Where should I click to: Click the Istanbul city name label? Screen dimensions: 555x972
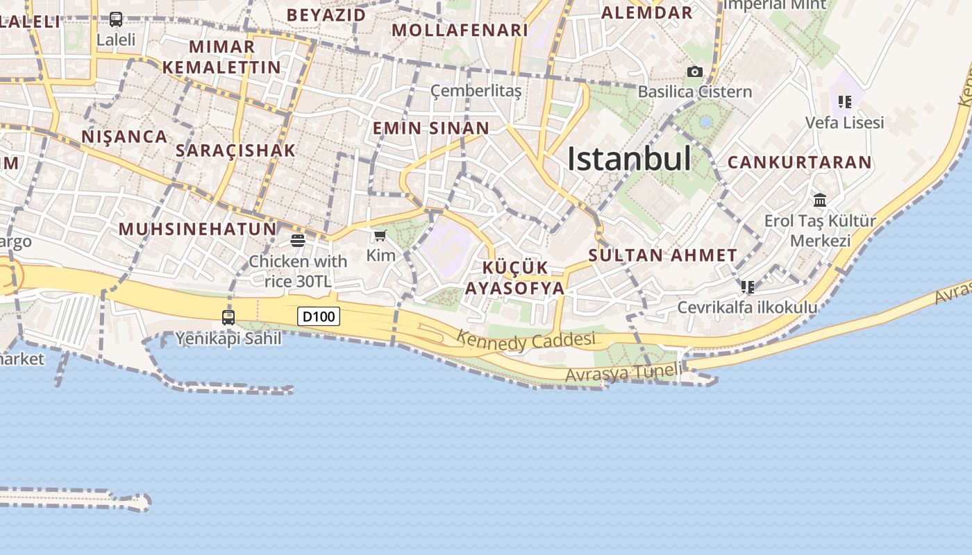coord(629,160)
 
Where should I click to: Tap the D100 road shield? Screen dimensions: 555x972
coord(319,317)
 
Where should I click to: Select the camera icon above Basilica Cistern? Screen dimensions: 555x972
coord(694,71)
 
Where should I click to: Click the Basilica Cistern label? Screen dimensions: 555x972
coord(694,92)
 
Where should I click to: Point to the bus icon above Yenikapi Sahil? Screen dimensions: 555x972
coord(228,318)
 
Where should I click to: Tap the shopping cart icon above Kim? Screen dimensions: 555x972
coord(380,236)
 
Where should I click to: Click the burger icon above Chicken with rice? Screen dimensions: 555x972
coord(298,241)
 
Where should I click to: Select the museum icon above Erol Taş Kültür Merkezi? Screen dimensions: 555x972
coord(820,200)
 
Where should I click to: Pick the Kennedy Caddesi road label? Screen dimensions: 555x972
coord(526,341)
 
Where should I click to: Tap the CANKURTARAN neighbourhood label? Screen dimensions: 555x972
coord(799,162)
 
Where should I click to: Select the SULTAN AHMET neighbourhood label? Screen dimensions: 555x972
coord(662,255)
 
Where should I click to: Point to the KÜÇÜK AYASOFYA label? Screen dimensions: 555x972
coord(514,278)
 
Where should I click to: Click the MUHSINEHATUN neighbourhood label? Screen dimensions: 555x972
coord(197,229)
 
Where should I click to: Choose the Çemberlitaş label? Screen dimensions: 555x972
coord(476,91)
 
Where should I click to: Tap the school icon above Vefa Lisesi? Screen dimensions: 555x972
coord(844,102)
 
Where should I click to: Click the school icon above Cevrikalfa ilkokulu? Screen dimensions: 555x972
coord(747,287)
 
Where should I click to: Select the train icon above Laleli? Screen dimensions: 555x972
coord(116,19)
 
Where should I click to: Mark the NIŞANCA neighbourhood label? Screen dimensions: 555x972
coord(124,137)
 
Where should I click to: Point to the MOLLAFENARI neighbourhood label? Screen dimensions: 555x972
coord(460,31)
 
